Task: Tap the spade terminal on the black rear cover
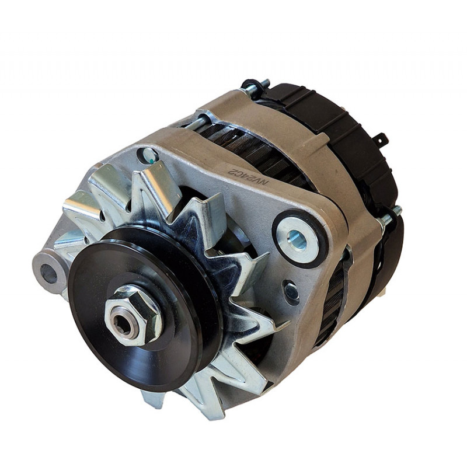click(x=382, y=141)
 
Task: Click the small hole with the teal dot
click(x=149, y=155)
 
